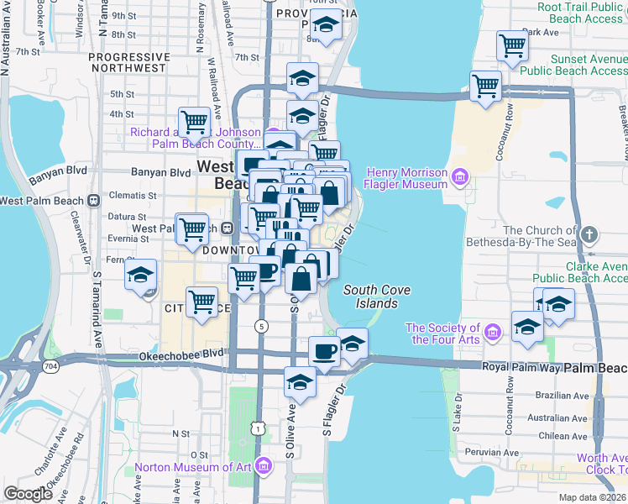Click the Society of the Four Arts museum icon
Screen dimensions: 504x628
pos(493,333)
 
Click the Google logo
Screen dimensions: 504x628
pos(28,493)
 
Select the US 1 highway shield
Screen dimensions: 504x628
pos(253,429)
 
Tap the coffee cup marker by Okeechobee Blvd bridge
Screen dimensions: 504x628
pos(324,351)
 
